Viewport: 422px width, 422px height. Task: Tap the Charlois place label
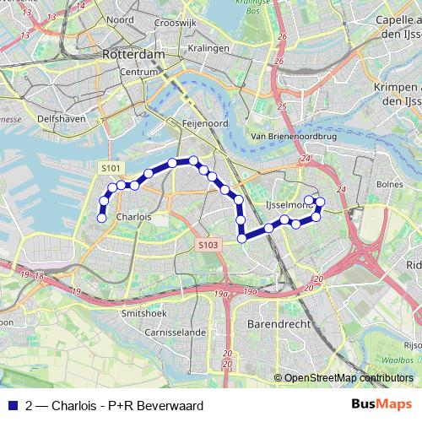(x=134, y=216)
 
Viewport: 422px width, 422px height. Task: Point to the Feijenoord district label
(x=201, y=122)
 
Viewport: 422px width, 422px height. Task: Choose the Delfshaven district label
(x=62, y=119)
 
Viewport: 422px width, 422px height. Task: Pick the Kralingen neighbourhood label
(x=209, y=48)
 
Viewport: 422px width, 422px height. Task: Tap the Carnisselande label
(x=174, y=333)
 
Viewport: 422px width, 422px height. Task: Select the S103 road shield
(x=209, y=245)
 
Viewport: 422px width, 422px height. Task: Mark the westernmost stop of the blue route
(x=101, y=218)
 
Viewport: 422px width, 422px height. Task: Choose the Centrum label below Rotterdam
(x=139, y=73)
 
